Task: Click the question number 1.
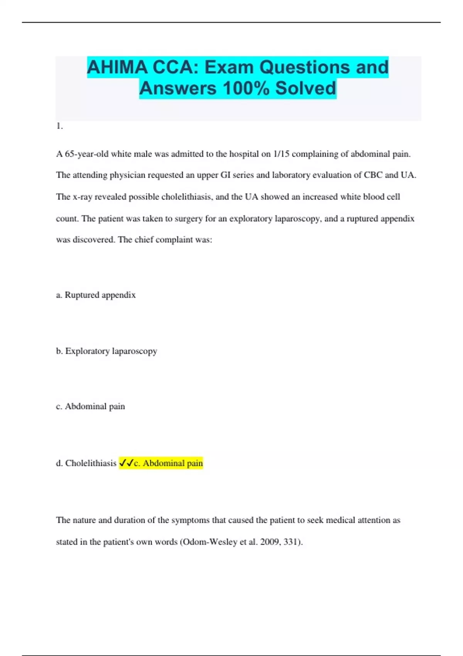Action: click(59, 126)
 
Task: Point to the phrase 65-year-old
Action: click(86, 154)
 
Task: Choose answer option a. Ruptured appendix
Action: click(96, 295)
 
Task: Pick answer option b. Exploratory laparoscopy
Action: click(106, 351)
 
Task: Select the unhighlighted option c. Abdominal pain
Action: click(90, 406)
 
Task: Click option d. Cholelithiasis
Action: click(86, 463)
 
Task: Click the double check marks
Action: click(126, 463)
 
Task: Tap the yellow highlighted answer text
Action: click(168, 463)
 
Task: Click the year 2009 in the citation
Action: click(270, 542)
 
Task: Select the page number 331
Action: click(291, 542)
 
